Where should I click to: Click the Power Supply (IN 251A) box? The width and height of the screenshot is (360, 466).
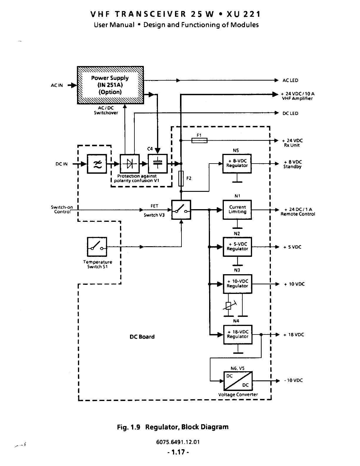(110, 85)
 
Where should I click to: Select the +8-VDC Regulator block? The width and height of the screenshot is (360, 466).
(237, 163)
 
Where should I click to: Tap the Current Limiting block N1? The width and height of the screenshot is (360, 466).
(237, 209)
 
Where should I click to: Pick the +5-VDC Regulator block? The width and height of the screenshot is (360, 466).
(237, 247)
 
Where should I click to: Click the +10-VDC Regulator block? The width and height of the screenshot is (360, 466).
(237, 284)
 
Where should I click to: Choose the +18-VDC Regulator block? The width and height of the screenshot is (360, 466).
(238, 334)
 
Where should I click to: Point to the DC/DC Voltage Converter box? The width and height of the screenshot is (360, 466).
(238, 381)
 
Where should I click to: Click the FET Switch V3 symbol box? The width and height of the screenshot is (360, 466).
(181, 210)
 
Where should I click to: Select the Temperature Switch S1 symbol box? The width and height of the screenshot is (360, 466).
(97, 247)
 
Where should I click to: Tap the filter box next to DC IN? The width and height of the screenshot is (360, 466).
(97, 164)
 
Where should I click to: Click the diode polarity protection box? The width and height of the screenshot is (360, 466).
(130, 164)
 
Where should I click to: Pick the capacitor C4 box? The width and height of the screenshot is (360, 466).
(158, 164)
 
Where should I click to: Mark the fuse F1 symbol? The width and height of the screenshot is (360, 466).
(199, 141)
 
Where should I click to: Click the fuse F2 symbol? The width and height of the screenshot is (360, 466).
(181, 178)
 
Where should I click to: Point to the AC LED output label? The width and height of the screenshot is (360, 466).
(290, 81)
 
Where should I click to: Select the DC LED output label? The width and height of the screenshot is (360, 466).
(290, 114)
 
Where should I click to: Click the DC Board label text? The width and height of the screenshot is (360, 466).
(142, 337)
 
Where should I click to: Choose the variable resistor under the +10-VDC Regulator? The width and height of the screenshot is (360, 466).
(229, 306)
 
